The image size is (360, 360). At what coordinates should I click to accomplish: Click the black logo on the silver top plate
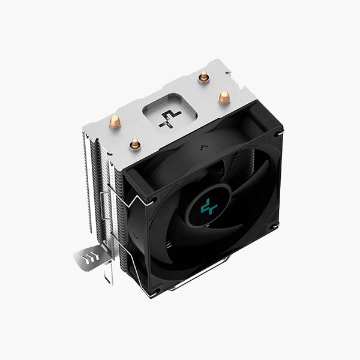click(x=169, y=119)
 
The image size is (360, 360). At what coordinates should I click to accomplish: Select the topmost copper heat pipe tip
click(x=204, y=76)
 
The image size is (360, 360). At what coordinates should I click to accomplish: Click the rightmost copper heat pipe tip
click(x=224, y=96)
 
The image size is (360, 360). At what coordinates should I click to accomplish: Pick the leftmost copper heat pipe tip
click(x=115, y=121)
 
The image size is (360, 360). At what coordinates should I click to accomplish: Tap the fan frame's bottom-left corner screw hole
click(x=154, y=292)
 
